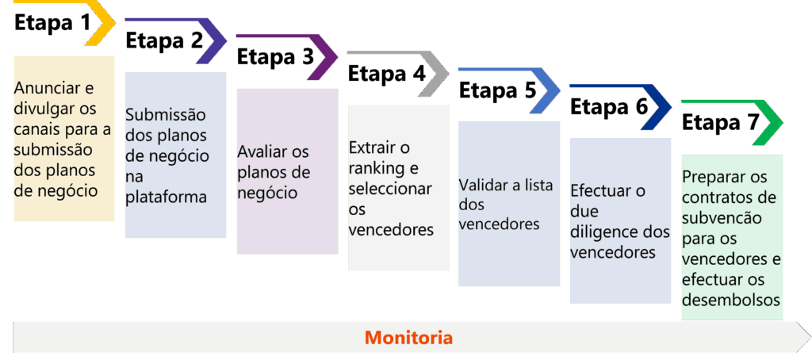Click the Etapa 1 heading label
pyautogui.click(x=53, y=22)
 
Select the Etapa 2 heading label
pyautogui.click(x=164, y=40)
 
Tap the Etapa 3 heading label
pyautogui.click(x=275, y=57)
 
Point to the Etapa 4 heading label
pyautogui.click(x=386, y=74)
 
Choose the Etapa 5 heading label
pyautogui.click(x=497, y=90)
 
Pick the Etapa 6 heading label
pyautogui.click(x=608, y=107)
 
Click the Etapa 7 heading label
pyautogui.click(x=720, y=124)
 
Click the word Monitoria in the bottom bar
pyautogui.click(x=408, y=337)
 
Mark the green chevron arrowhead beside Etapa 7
pyautogui.click(x=771, y=123)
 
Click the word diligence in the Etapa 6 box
pyautogui.click(x=604, y=232)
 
